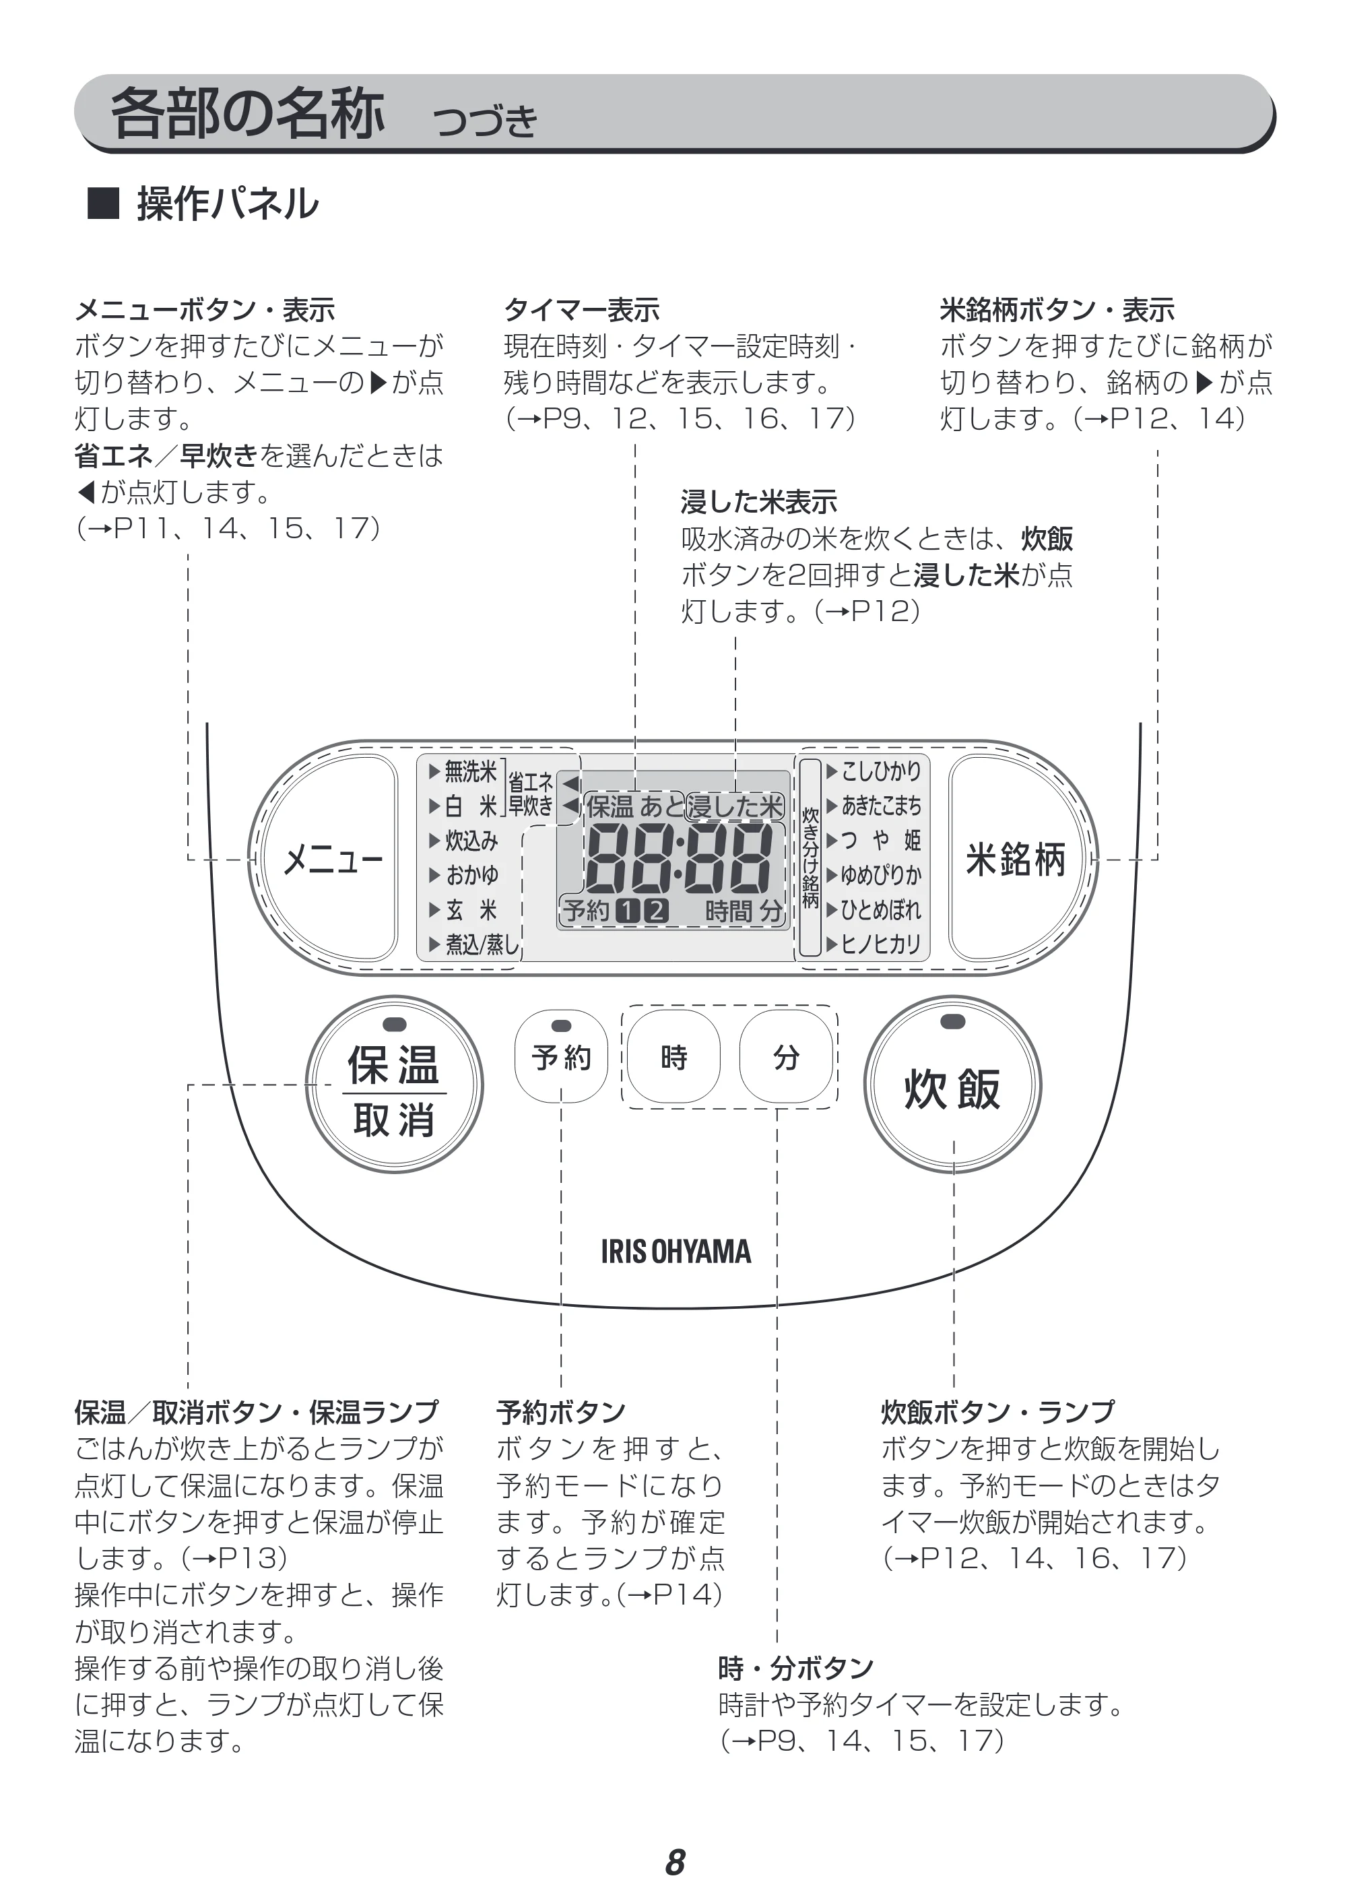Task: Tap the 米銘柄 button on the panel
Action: point(1017,858)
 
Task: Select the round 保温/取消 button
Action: point(394,1085)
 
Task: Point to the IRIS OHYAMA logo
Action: point(676,1252)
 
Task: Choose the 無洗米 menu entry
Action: point(463,771)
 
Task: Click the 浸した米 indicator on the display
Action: point(735,806)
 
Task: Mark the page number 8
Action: point(675,1863)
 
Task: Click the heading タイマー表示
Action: point(581,311)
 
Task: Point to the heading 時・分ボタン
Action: point(796,1668)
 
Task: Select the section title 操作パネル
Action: point(227,204)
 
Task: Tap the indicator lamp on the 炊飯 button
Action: point(952,1021)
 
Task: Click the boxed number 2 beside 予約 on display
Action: point(656,911)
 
